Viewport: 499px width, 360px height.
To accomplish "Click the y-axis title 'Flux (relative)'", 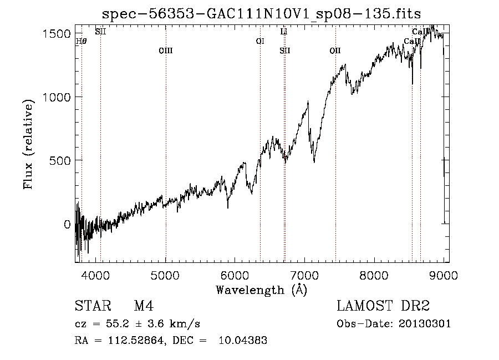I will [x=28, y=143].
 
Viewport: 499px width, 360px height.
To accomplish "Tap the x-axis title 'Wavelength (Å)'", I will [x=261, y=290].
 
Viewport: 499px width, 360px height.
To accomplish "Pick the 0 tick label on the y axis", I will [x=67, y=225].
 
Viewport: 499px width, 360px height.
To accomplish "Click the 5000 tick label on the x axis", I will [x=165, y=274].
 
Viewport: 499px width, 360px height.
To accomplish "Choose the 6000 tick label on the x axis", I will [x=235, y=274].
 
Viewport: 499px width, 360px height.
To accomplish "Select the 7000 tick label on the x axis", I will [x=304, y=274].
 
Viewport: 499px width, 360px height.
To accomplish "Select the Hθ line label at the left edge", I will [x=81, y=41].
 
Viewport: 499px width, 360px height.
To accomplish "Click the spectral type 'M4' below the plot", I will [x=144, y=307].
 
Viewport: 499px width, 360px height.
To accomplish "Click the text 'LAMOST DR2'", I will [x=383, y=307].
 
